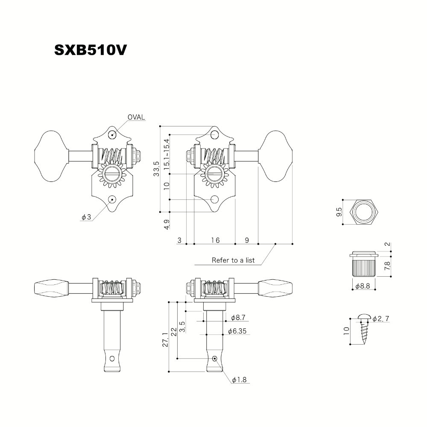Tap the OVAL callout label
(x=137, y=117)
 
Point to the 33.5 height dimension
(x=157, y=169)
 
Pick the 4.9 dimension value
(x=167, y=225)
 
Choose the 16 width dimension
(x=215, y=240)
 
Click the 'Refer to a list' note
(x=233, y=260)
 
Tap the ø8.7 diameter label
(x=238, y=318)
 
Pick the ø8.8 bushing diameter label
(x=362, y=287)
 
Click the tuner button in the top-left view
(x=50, y=152)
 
